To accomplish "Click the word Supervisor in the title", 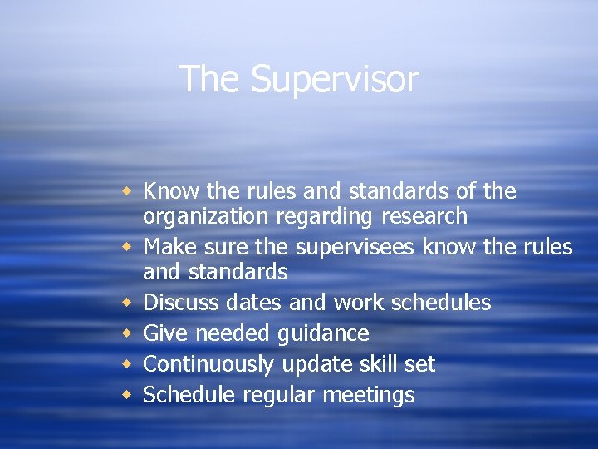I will pyautogui.click(x=335, y=80).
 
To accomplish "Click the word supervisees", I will pyautogui.click(x=350, y=247).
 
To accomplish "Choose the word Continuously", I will pyautogui.click(x=208, y=364).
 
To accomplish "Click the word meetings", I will pyautogui.click(x=368, y=395).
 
